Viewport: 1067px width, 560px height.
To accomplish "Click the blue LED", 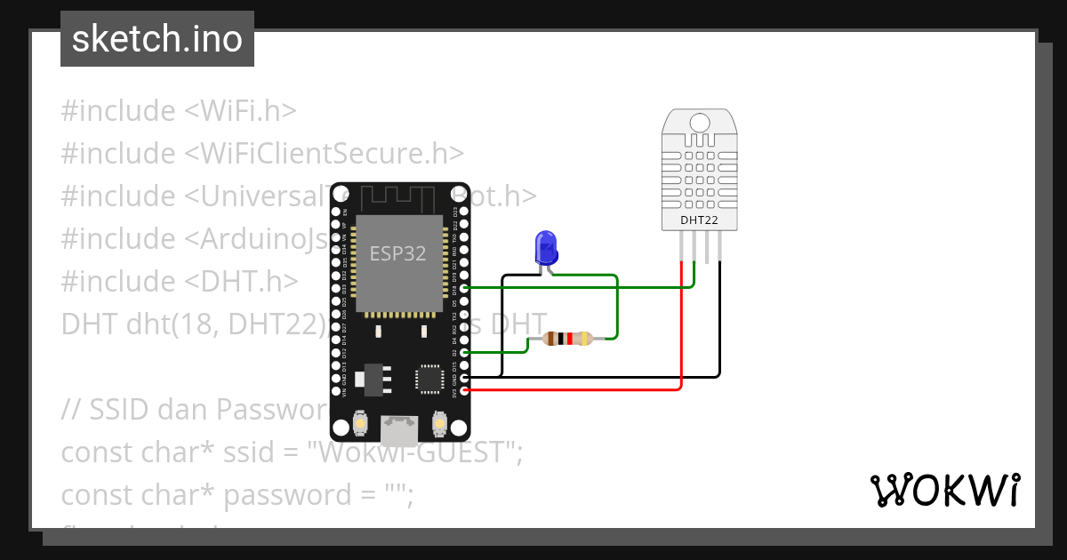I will pyautogui.click(x=545, y=247).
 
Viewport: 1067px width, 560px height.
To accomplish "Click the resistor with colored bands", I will pyautogui.click(x=567, y=339).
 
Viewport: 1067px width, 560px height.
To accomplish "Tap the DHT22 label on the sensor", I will pyautogui.click(x=699, y=219).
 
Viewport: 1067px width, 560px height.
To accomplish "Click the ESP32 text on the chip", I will pyautogui.click(x=397, y=253).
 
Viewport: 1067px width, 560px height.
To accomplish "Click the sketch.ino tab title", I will pyautogui.click(x=157, y=39).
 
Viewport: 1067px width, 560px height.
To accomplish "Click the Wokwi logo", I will pyautogui.click(x=944, y=490).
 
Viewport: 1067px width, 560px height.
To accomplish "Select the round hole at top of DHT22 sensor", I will pyautogui.click(x=700, y=123).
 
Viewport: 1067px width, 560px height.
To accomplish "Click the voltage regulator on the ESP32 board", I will pyautogui.click(x=372, y=379).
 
